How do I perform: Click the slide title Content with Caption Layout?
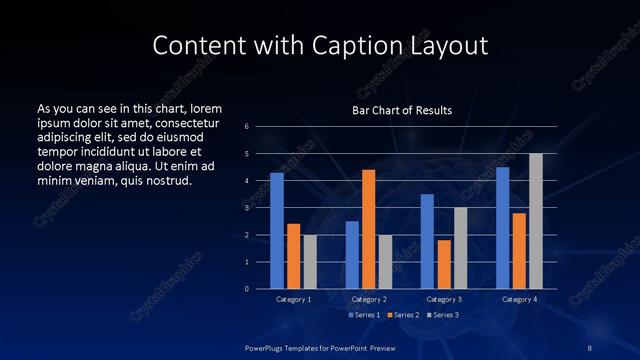(x=320, y=45)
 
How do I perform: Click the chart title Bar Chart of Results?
(x=402, y=110)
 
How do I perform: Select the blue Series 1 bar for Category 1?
(x=277, y=231)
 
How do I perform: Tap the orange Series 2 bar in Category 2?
(x=368, y=229)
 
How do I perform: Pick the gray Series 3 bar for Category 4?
(x=535, y=221)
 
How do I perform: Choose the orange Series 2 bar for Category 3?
(x=444, y=264)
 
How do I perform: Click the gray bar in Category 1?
(x=309, y=262)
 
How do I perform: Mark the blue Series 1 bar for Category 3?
(x=427, y=241)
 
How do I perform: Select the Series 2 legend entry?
(x=404, y=315)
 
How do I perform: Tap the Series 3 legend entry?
(x=443, y=315)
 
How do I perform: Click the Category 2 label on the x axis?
(x=369, y=299)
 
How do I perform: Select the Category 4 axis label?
(x=519, y=299)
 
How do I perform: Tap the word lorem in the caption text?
(x=206, y=108)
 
